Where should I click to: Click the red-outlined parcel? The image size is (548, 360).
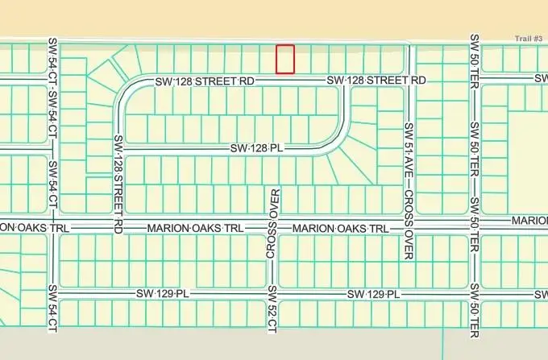click(285, 59)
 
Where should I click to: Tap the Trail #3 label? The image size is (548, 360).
click(529, 39)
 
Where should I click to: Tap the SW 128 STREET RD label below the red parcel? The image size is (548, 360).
click(376, 81)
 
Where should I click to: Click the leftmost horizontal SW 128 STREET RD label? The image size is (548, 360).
click(205, 81)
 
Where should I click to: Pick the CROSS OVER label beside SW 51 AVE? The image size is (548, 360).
click(409, 225)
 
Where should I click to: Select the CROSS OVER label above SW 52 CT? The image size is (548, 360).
click(272, 226)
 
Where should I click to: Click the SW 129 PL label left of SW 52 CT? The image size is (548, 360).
click(167, 293)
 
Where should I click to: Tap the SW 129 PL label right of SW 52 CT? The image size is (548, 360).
click(375, 294)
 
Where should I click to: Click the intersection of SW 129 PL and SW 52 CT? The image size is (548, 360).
click(272, 294)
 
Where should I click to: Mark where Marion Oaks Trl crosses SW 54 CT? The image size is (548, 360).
click(53, 229)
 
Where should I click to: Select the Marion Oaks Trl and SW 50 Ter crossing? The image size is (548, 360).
click(475, 226)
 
